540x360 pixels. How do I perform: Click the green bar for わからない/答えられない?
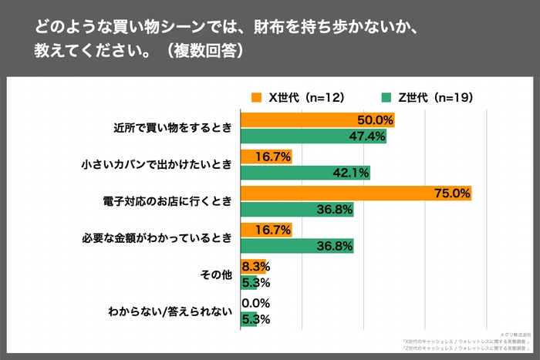[x=248, y=318]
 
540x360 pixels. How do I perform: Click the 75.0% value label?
[x=454, y=193]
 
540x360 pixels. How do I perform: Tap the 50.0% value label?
[x=376, y=120]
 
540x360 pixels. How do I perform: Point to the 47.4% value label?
[x=369, y=136]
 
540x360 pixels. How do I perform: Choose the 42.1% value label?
[x=353, y=173]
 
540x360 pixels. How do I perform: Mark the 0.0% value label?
[x=255, y=303]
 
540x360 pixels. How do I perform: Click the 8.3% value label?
[x=255, y=267]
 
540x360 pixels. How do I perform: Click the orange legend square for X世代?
[x=257, y=97]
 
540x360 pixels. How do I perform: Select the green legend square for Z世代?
[x=387, y=97]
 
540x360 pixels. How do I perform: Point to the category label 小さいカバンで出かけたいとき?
[x=157, y=164]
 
